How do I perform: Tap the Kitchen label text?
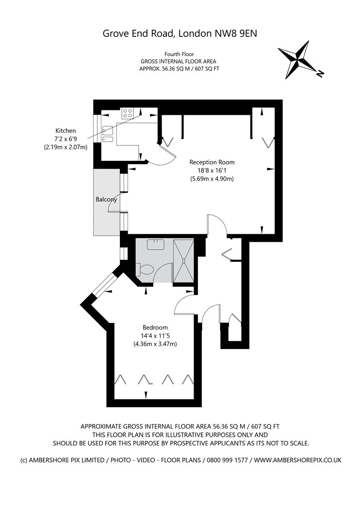[x=65, y=130]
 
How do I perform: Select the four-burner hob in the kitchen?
[x=128, y=113]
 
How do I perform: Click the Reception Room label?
[x=212, y=162]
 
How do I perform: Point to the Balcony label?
[x=106, y=199]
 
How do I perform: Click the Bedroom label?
[x=155, y=327]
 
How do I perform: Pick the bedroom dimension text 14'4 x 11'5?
[x=155, y=335]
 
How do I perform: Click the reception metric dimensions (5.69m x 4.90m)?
[x=212, y=179]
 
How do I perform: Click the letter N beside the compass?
[x=320, y=74]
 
